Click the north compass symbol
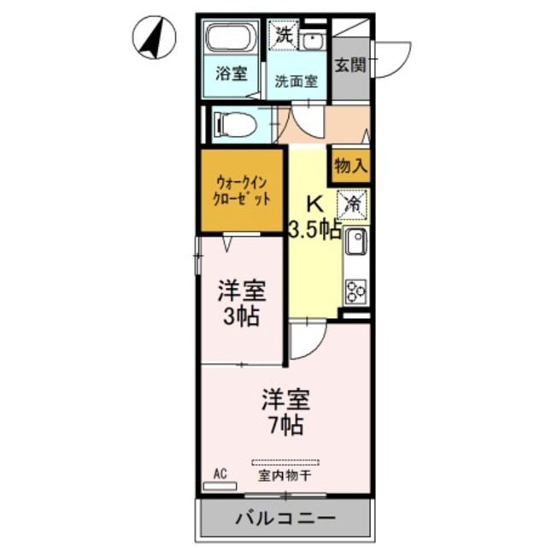pyautogui.click(x=154, y=38)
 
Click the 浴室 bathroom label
pyautogui.click(x=231, y=74)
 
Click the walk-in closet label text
pyautogui.click(x=242, y=190)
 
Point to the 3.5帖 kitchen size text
pyautogui.click(x=315, y=229)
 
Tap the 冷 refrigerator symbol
pyautogui.click(x=352, y=204)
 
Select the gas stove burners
pyautogui.click(x=355, y=291)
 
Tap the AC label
pyautogui.click(x=219, y=473)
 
